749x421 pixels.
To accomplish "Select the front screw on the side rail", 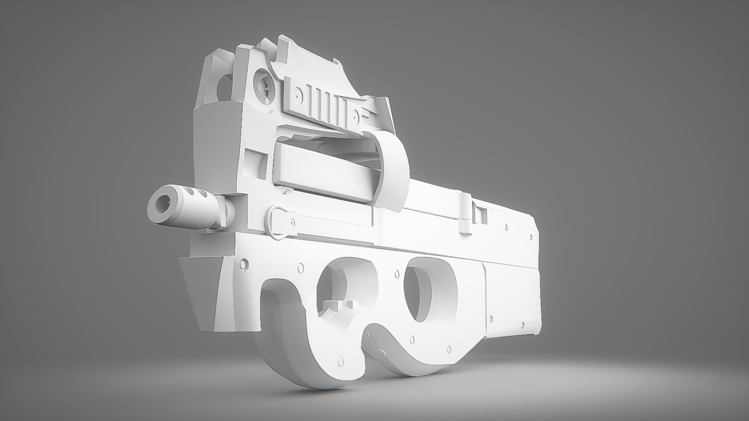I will (x=298, y=95).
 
